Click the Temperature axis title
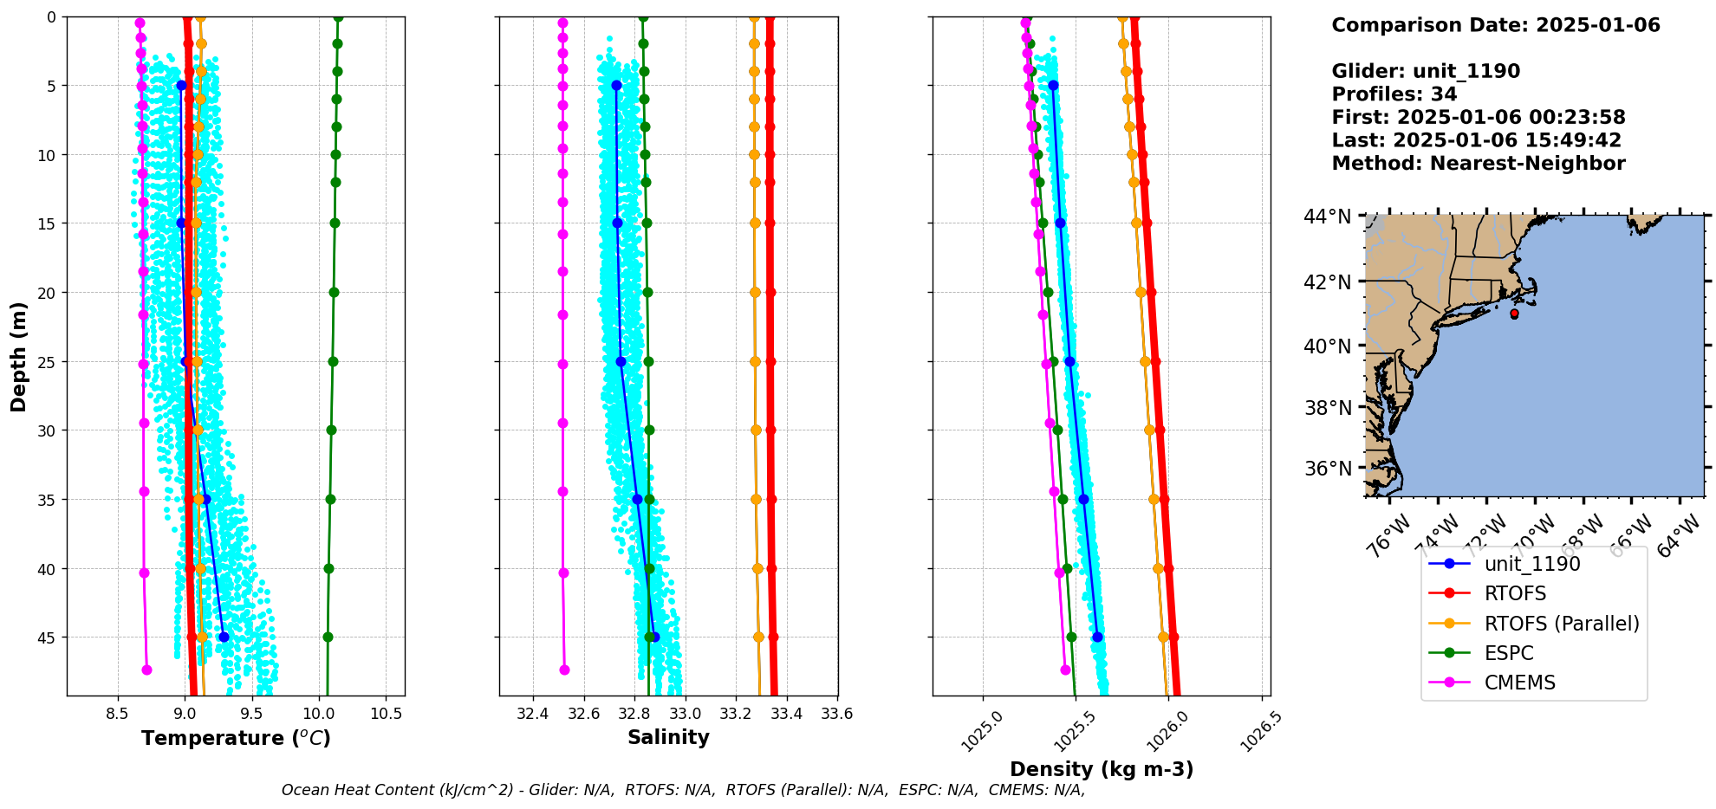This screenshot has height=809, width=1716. (236, 738)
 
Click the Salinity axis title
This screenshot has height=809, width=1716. (668, 737)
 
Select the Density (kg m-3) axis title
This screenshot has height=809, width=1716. (1102, 769)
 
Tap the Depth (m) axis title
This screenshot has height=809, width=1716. (18, 356)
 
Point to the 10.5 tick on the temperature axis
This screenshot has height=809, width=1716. (387, 715)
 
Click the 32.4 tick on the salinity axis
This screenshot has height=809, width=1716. (532, 715)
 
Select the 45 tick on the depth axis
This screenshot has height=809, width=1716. (45, 637)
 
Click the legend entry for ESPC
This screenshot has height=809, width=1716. (1509, 653)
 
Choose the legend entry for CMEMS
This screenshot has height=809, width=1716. (1519, 683)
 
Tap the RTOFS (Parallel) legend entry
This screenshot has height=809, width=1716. (1562, 624)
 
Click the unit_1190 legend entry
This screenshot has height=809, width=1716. (1532, 564)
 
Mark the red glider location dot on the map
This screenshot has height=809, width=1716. (1514, 314)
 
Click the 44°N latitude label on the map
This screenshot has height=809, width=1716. (1327, 217)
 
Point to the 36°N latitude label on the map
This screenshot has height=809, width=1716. (1327, 469)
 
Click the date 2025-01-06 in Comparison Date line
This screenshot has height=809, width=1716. (1597, 25)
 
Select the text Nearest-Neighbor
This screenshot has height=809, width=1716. (1527, 164)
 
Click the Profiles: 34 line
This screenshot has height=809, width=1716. (1394, 94)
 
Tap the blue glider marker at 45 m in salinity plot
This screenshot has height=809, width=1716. (654, 637)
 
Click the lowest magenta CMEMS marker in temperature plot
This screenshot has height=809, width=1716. (146, 670)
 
